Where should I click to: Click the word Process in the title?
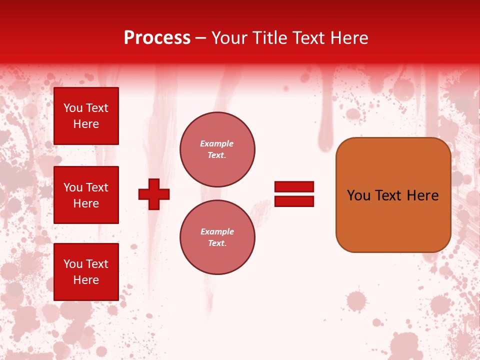tap(157, 38)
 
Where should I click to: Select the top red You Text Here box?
tap(86, 116)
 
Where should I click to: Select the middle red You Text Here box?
tap(86, 195)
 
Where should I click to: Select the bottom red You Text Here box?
tap(86, 271)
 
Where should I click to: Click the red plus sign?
tap(154, 194)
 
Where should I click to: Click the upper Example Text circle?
tap(217, 149)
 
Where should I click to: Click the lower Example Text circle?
tap(217, 237)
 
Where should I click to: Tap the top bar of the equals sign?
tap(294, 186)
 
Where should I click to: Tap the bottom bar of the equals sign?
tap(294, 201)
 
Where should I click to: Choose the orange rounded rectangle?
tap(393, 225)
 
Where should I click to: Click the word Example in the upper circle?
tap(217, 143)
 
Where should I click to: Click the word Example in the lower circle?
tap(217, 231)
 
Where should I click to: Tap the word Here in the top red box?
tap(86, 124)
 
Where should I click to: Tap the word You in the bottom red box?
tap(73, 264)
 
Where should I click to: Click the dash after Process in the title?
tap(200, 38)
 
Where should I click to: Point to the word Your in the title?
tap(228, 38)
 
